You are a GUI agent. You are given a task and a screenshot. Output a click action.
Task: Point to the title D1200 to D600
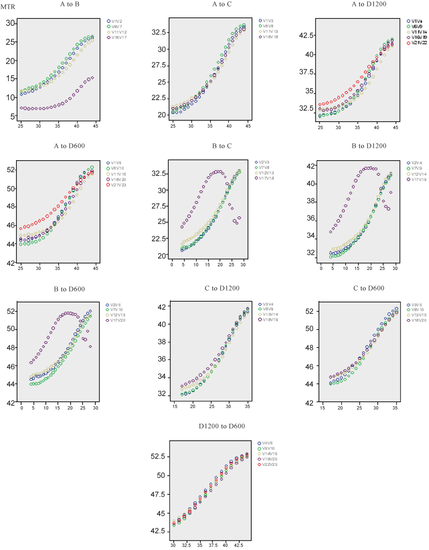(222, 426)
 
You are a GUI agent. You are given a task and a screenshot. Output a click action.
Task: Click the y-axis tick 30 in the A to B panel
(11, 23)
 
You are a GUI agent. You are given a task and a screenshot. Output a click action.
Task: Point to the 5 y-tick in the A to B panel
(13, 117)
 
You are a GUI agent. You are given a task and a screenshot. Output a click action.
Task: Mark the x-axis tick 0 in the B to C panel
(171, 265)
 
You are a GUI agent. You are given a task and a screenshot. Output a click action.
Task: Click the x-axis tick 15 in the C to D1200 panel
(174, 406)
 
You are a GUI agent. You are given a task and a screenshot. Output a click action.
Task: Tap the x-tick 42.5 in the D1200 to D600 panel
(239, 545)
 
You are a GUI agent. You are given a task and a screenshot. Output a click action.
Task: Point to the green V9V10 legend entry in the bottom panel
(269, 448)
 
